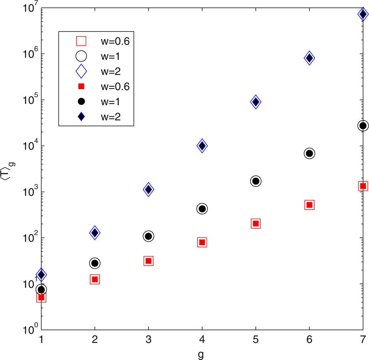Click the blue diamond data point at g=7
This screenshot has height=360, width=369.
pyautogui.click(x=363, y=14)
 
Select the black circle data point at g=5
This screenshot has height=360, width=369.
pyautogui.click(x=255, y=181)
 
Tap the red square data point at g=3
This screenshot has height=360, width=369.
pyautogui.click(x=148, y=261)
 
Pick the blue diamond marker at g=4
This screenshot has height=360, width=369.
pyautogui.click(x=202, y=146)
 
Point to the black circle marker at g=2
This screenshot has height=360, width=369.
pyautogui.click(x=95, y=263)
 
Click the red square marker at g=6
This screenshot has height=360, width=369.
pyautogui.click(x=309, y=205)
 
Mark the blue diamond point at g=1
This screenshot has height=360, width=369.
pyautogui.click(x=41, y=275)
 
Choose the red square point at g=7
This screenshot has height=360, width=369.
pyautogui.click(x=363, y=186)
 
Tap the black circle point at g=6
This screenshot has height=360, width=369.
pyautogui.click(x=309, y=153)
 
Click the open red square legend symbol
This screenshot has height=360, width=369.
pyautogui.click(x=81, y=41)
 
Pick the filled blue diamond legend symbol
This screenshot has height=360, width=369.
pyautogui.click(x=81, y=116)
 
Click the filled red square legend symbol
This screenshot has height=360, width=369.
pyautogui.click(x=81, y=86)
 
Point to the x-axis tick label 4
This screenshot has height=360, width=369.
pyautogui.click(x=202, y=339)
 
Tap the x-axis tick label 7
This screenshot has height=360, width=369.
pyautogui.click(x=363, y=339)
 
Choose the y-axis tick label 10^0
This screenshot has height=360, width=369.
pyautogui.click(x=29, y=330)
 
